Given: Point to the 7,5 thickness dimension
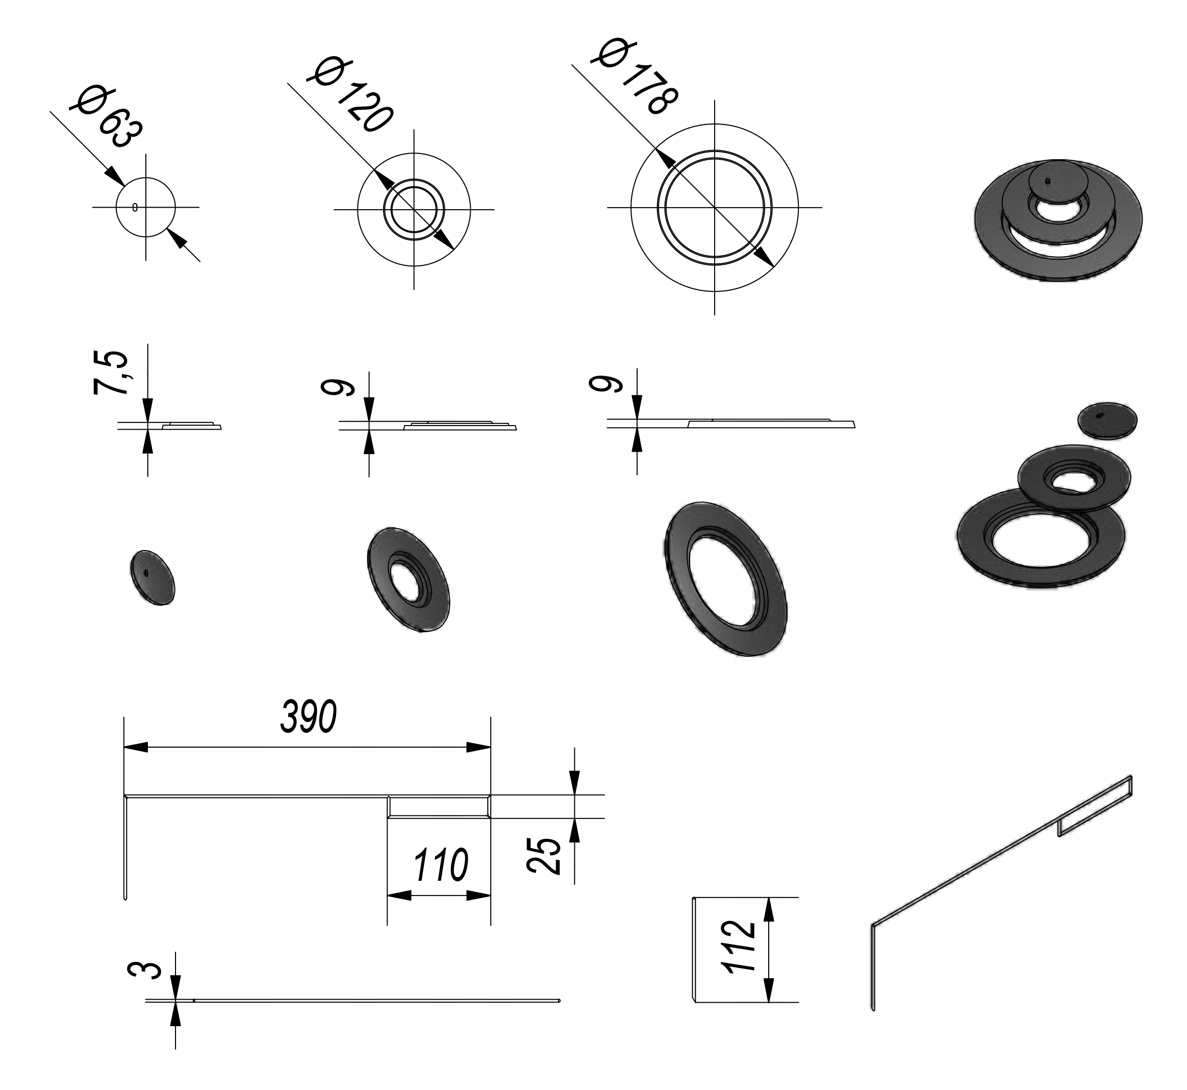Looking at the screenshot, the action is coord(110,372).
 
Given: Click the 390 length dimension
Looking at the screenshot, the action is coord(309,716).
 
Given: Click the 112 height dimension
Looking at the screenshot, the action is coord(738,946).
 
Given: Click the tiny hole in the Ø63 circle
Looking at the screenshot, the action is coord(135,207).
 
